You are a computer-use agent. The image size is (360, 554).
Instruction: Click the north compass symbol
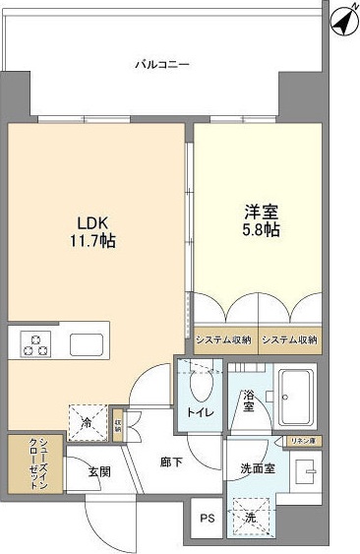[x=340, y=19]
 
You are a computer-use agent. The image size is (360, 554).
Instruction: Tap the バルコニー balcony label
[x=162, y=65]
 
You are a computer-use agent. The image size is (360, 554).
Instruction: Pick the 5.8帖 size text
[x=261, y=230]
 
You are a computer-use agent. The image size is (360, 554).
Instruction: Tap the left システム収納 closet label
[x=224, y=339]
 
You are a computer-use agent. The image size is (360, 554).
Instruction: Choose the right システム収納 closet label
[x=290, y=339]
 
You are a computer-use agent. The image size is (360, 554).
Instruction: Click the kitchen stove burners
[x=37, y=345]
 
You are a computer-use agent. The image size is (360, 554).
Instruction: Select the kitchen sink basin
[x=86, y=345]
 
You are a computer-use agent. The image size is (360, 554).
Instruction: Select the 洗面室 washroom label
[x=258, y=469]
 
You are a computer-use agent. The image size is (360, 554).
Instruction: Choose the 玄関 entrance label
[x=96, y=472]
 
